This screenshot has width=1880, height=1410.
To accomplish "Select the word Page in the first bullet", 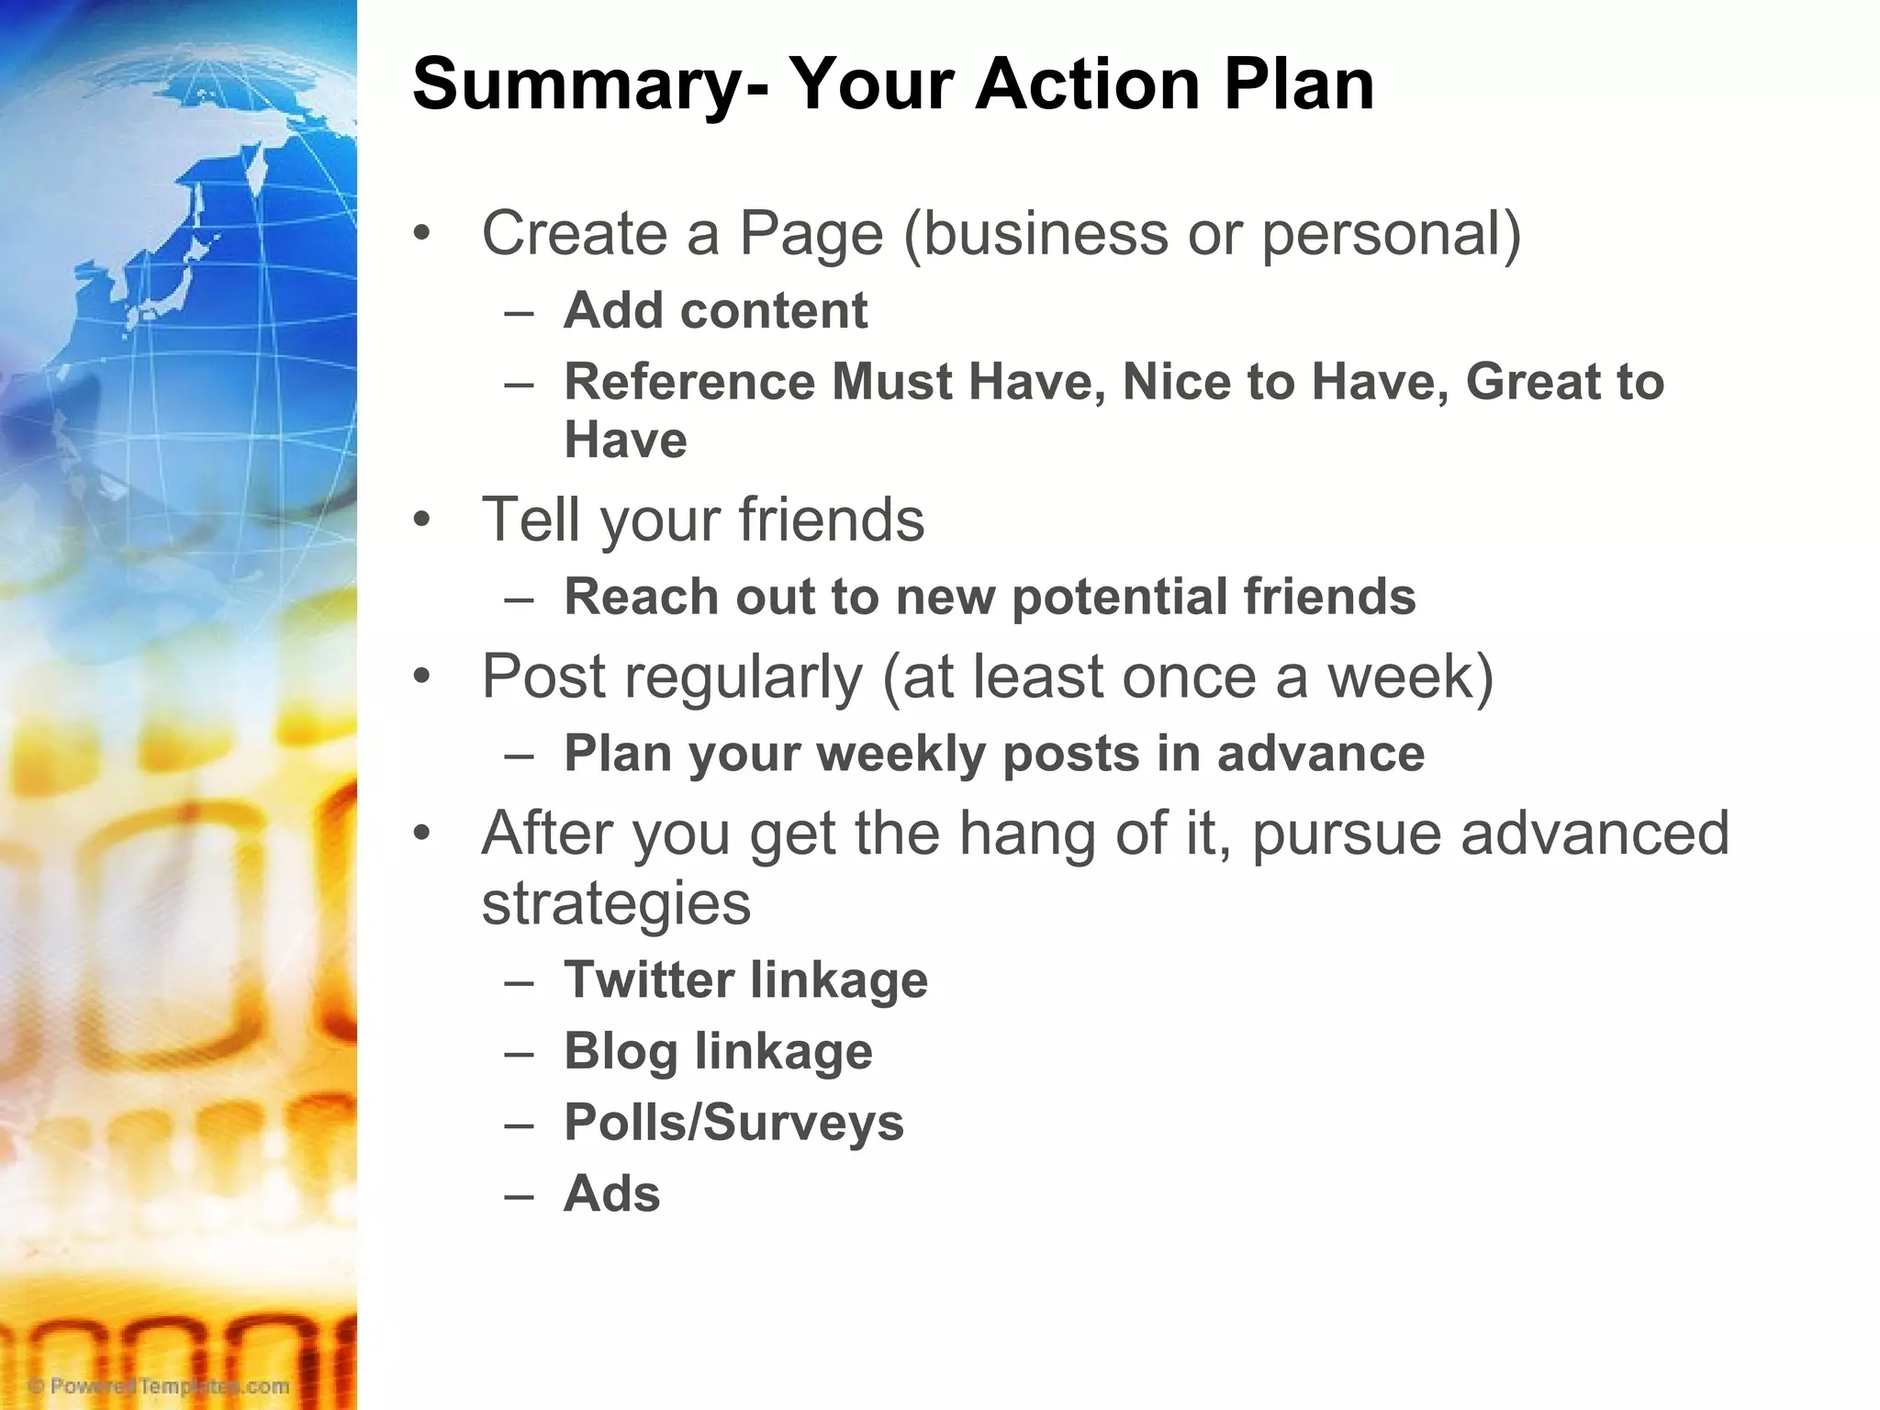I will point(811,235).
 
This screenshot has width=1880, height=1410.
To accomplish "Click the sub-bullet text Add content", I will point(715,310).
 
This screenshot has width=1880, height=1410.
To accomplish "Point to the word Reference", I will point(688,382).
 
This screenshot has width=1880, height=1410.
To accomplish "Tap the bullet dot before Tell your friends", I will point(421,520).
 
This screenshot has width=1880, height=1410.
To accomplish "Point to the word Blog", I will point(621,1052).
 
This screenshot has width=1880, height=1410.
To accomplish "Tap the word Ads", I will point(611,1193).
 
